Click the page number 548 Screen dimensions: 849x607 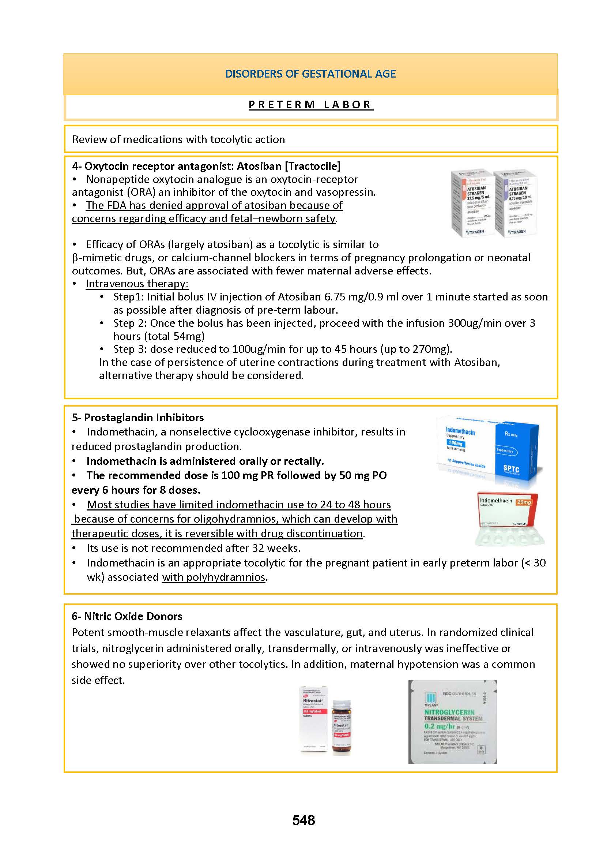[303, 820]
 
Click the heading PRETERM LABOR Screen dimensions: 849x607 [310, 105]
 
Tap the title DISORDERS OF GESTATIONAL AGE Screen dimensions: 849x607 [310, 74]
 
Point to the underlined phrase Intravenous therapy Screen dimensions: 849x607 [137, 284]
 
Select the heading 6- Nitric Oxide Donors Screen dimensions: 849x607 [127, 616]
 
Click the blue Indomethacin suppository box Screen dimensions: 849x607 [488, 449]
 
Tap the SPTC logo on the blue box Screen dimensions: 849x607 [511, 469]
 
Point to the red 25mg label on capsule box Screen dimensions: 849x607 [524, 502]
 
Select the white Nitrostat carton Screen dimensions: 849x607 [314, 720]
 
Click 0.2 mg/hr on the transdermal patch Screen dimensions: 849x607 [440, 726]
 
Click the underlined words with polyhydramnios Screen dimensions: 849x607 [214, 577]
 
